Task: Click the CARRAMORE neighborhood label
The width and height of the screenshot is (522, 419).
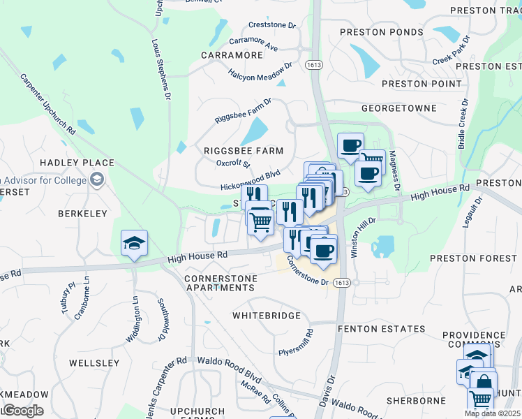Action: pos(232,54)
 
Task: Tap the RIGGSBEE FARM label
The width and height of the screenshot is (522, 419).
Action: pos(244,151)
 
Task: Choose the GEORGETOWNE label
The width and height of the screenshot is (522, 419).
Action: pos(399,108)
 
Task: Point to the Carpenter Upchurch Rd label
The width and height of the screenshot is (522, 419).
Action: pos(47,104)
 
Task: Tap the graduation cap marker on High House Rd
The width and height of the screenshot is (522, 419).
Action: pos(134,244)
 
